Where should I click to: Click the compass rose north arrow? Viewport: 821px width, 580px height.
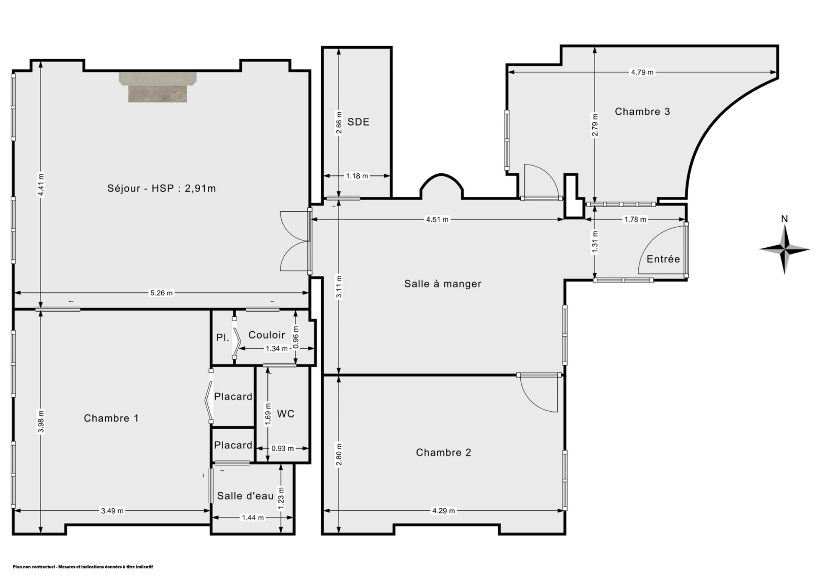click(785, 249)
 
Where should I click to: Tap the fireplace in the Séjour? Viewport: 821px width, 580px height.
click(158, 87)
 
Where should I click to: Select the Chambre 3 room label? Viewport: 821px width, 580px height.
click(642, 111)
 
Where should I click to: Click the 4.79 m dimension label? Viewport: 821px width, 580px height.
click(642, 72)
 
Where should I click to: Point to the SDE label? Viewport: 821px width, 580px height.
click(358, 122)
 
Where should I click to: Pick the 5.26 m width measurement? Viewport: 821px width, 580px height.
click(161, 293)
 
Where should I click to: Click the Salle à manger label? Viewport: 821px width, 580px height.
click(443, 284)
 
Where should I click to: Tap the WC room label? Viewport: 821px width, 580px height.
click(285, 414)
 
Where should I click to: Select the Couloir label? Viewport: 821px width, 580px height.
click(267, 335)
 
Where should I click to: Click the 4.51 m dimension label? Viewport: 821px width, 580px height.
click(437, 219)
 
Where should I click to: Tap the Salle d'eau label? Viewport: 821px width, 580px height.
click(245, 496)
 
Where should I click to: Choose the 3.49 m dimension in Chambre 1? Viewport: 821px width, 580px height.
click(112, 511)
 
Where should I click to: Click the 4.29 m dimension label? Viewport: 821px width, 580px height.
click(443, 511)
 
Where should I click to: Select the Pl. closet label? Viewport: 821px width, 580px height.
click(223, 337)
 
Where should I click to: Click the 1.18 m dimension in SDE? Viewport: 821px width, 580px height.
click(357, 176)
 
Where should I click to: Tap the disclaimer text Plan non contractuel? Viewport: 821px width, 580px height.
click(34, 567)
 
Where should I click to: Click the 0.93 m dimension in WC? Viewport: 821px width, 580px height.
click(283, 449)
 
